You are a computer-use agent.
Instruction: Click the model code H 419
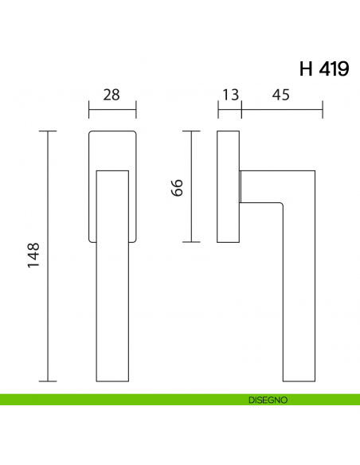[x=324, y=69]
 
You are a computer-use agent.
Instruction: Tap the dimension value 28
[x=112, y=95]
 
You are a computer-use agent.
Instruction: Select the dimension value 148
[x=33, y=256]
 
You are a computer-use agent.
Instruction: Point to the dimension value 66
[x=177, y=188]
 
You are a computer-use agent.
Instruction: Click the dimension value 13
[x=230, y=95]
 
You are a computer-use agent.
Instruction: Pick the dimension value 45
[x=280, y=95]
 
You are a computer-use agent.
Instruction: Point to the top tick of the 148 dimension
[x=49, y=130]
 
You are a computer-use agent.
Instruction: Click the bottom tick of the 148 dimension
[x=49, y=381]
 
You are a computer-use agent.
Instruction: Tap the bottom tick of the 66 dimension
[x=191, y=241]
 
